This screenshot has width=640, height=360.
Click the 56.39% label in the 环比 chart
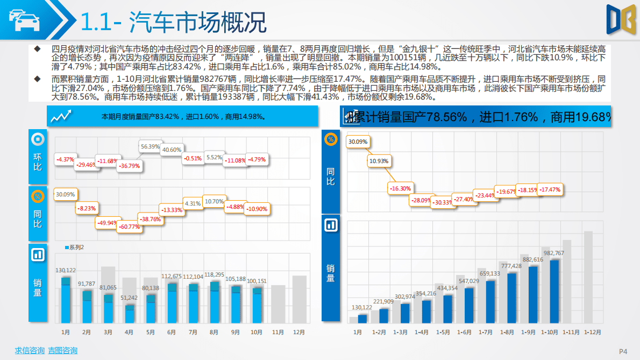tap(150, 146)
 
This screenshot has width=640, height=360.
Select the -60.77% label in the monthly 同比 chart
tap(129, 227)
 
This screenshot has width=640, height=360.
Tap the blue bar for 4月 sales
tap(130, 314)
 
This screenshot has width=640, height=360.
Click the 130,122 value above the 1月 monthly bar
tap(66, 270)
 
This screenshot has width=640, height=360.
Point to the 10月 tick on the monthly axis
tap(256, 333)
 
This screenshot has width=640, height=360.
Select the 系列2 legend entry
tap(75, 247)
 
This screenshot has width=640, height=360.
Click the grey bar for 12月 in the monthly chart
tap(299, 299)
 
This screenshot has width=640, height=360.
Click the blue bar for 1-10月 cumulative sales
tap(554, 291)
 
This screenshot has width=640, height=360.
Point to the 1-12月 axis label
tap(592, 333)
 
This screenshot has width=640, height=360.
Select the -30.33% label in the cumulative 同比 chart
tap(444, 202)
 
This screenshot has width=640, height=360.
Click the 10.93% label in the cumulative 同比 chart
tap(379, 161)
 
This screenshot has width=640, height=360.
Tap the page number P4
tap(623, 351)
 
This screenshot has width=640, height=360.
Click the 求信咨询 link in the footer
tap(29, 351)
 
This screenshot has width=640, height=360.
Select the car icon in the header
tap(24, 20)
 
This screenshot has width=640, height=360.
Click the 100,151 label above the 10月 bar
tap(257, 281)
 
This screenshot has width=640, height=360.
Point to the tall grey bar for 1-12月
tap(588, 277)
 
